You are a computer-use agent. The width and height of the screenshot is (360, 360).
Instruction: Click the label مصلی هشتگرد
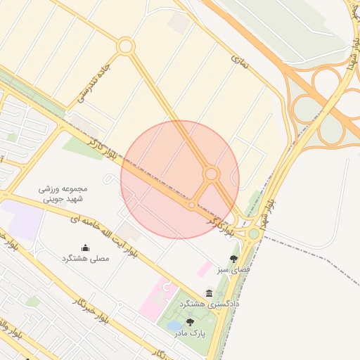point(86,259)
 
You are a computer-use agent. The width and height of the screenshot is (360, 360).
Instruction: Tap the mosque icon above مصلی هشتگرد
point(86,247)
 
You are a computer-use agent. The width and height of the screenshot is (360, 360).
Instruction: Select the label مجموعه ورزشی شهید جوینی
point(64,194)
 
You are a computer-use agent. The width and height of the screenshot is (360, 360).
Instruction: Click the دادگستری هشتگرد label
point(210,304)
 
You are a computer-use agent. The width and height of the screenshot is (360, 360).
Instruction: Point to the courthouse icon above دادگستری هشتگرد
point(209,292)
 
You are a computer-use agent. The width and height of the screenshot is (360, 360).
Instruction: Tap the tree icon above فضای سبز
point(233,258)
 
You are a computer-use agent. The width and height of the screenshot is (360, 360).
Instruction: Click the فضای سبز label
point(233,269)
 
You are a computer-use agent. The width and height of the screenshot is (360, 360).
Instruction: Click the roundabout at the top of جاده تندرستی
point(126,46)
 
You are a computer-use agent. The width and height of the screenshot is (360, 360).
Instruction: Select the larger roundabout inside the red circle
point(211,174)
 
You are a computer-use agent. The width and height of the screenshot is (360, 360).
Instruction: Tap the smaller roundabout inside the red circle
point(192,205)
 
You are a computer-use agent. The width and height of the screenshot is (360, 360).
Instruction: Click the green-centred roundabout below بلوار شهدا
point(253,233)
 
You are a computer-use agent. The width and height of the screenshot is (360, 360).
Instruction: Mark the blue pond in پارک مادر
point(174,326)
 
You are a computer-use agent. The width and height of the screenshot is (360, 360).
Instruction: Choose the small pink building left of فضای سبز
point(205,269)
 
